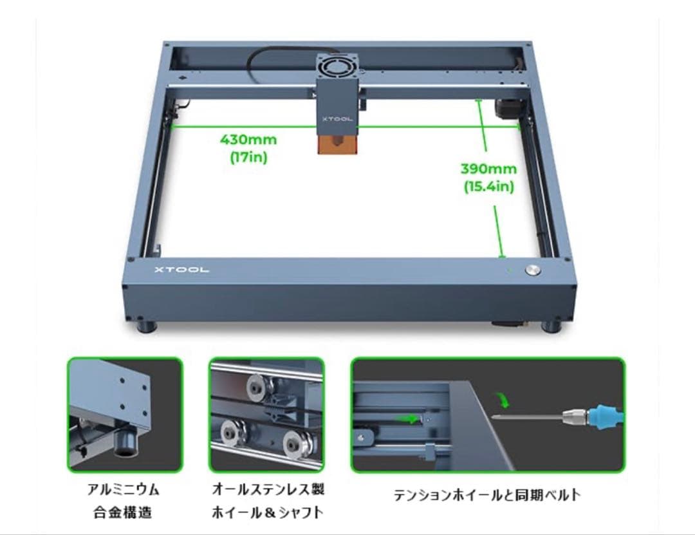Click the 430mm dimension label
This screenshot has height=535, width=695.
pos(248,139)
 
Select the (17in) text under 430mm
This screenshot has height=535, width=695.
pos(248,156)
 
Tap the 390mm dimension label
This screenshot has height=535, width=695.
pos(488,169)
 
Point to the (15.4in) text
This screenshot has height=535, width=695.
pos(488,187)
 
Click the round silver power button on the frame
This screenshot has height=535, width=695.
pos(533,270)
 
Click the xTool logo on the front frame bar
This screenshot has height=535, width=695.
pos(181,270)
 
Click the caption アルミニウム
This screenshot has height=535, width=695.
pos(124,490)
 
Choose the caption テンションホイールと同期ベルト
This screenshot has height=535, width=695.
pos(487,495)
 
